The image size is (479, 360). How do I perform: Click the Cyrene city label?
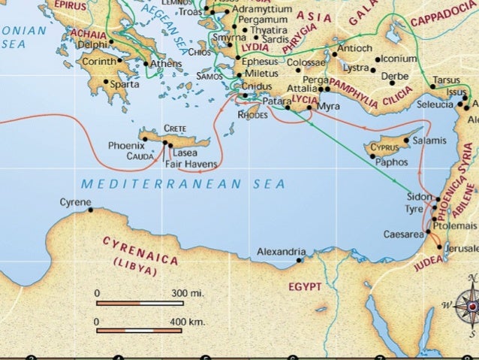click(75, 202)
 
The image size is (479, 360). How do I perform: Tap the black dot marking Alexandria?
click(299, 261)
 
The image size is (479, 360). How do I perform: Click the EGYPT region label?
click(305, 287)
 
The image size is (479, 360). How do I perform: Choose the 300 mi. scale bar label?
click(188, 292)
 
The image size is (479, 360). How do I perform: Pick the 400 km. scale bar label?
click(188, 321)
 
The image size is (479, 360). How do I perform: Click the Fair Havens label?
click(191, 163)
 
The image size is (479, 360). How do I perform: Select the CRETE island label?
click(175, 129)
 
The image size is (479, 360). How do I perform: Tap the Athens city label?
click(166, 64)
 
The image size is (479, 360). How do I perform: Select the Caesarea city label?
click(403, 234)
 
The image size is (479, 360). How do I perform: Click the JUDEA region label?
click(429, 263)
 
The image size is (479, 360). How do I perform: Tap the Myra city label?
click(328, 107)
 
